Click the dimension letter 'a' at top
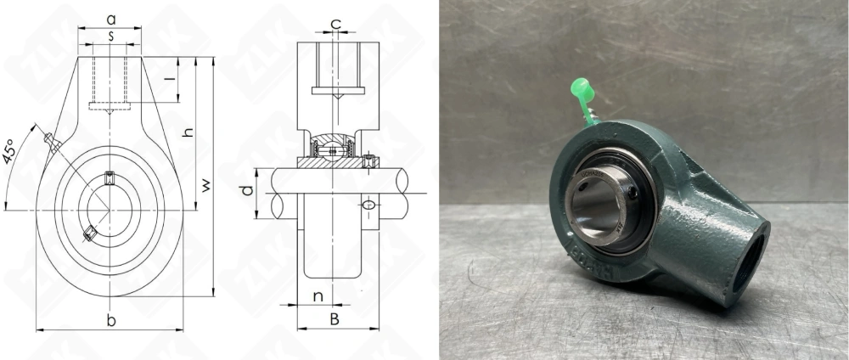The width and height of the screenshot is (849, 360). [x=110, y=18]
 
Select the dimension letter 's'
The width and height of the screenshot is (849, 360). [x=110, y=36]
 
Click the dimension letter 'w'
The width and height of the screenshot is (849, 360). [x=206, y=184]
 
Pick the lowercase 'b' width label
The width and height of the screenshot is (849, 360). [x=110, y=319]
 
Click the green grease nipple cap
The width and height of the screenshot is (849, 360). [x=581, y=87]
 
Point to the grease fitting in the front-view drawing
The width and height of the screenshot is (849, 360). [x=52, y=143]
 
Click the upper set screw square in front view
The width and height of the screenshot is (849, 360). [x=109, y=177]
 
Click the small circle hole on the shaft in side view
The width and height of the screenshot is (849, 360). [x=368, y=205]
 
